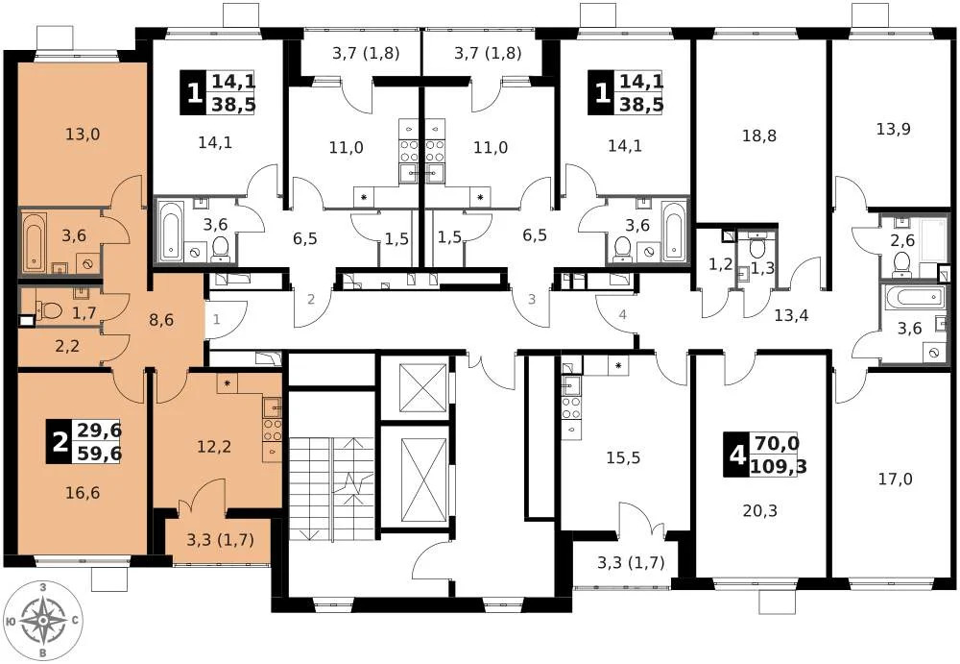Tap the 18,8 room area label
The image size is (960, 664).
758,135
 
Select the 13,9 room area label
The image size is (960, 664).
894,129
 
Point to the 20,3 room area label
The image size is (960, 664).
758,510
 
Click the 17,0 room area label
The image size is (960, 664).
894,479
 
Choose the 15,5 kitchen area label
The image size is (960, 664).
623,458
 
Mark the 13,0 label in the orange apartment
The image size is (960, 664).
82,134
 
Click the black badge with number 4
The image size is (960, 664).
737,455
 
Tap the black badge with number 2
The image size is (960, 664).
60,444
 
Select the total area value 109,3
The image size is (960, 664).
779,466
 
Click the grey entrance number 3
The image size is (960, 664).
530,299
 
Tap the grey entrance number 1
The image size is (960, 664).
217,319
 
